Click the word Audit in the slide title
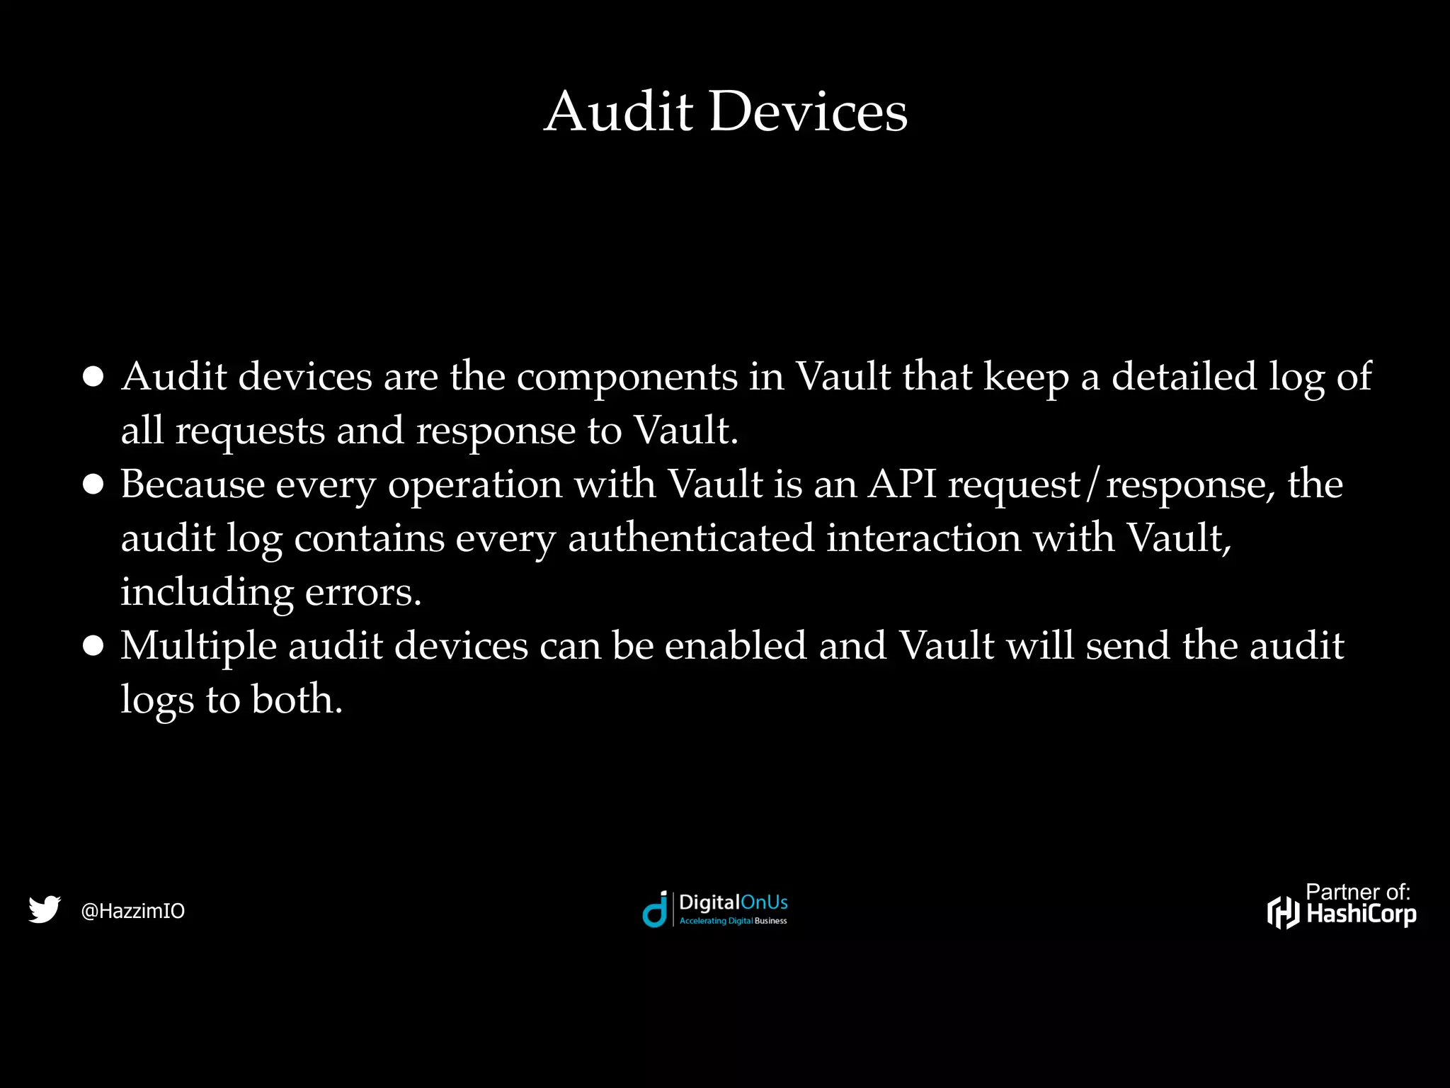618,111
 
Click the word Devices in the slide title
807,111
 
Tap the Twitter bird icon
45,909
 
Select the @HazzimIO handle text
133,911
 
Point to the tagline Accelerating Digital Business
733,921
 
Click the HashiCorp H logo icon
1283,912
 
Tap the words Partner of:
1357,892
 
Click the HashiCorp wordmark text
1361,914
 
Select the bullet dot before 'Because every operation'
93,485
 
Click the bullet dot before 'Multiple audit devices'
93,647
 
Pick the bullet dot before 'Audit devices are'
93,377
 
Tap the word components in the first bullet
627,377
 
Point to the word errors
362,592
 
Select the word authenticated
691,538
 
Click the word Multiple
198,646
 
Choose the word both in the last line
297,700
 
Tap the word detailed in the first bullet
1184,376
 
